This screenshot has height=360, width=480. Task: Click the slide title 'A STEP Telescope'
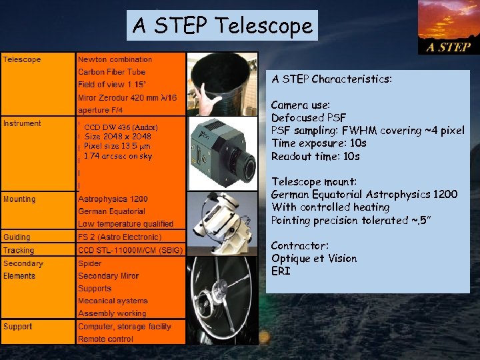223,26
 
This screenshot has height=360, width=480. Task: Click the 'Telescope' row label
22,59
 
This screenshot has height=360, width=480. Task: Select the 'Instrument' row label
22,123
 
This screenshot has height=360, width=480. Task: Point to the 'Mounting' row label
20,199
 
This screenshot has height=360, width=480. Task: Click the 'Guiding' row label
17,237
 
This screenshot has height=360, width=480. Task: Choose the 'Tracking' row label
19,250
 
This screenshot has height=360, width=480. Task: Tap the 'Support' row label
18,327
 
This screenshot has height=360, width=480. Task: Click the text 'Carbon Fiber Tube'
111,72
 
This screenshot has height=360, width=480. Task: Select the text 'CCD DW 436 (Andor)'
120,127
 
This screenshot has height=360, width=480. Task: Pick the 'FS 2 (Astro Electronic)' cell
119,237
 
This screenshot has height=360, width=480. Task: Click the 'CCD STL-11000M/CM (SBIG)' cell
130,250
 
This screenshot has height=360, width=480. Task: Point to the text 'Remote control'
105,339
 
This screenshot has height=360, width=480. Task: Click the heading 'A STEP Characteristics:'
332,79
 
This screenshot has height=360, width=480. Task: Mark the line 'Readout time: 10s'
315,157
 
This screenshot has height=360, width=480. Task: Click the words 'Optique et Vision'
314,259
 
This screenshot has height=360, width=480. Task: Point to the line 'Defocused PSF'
309,118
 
